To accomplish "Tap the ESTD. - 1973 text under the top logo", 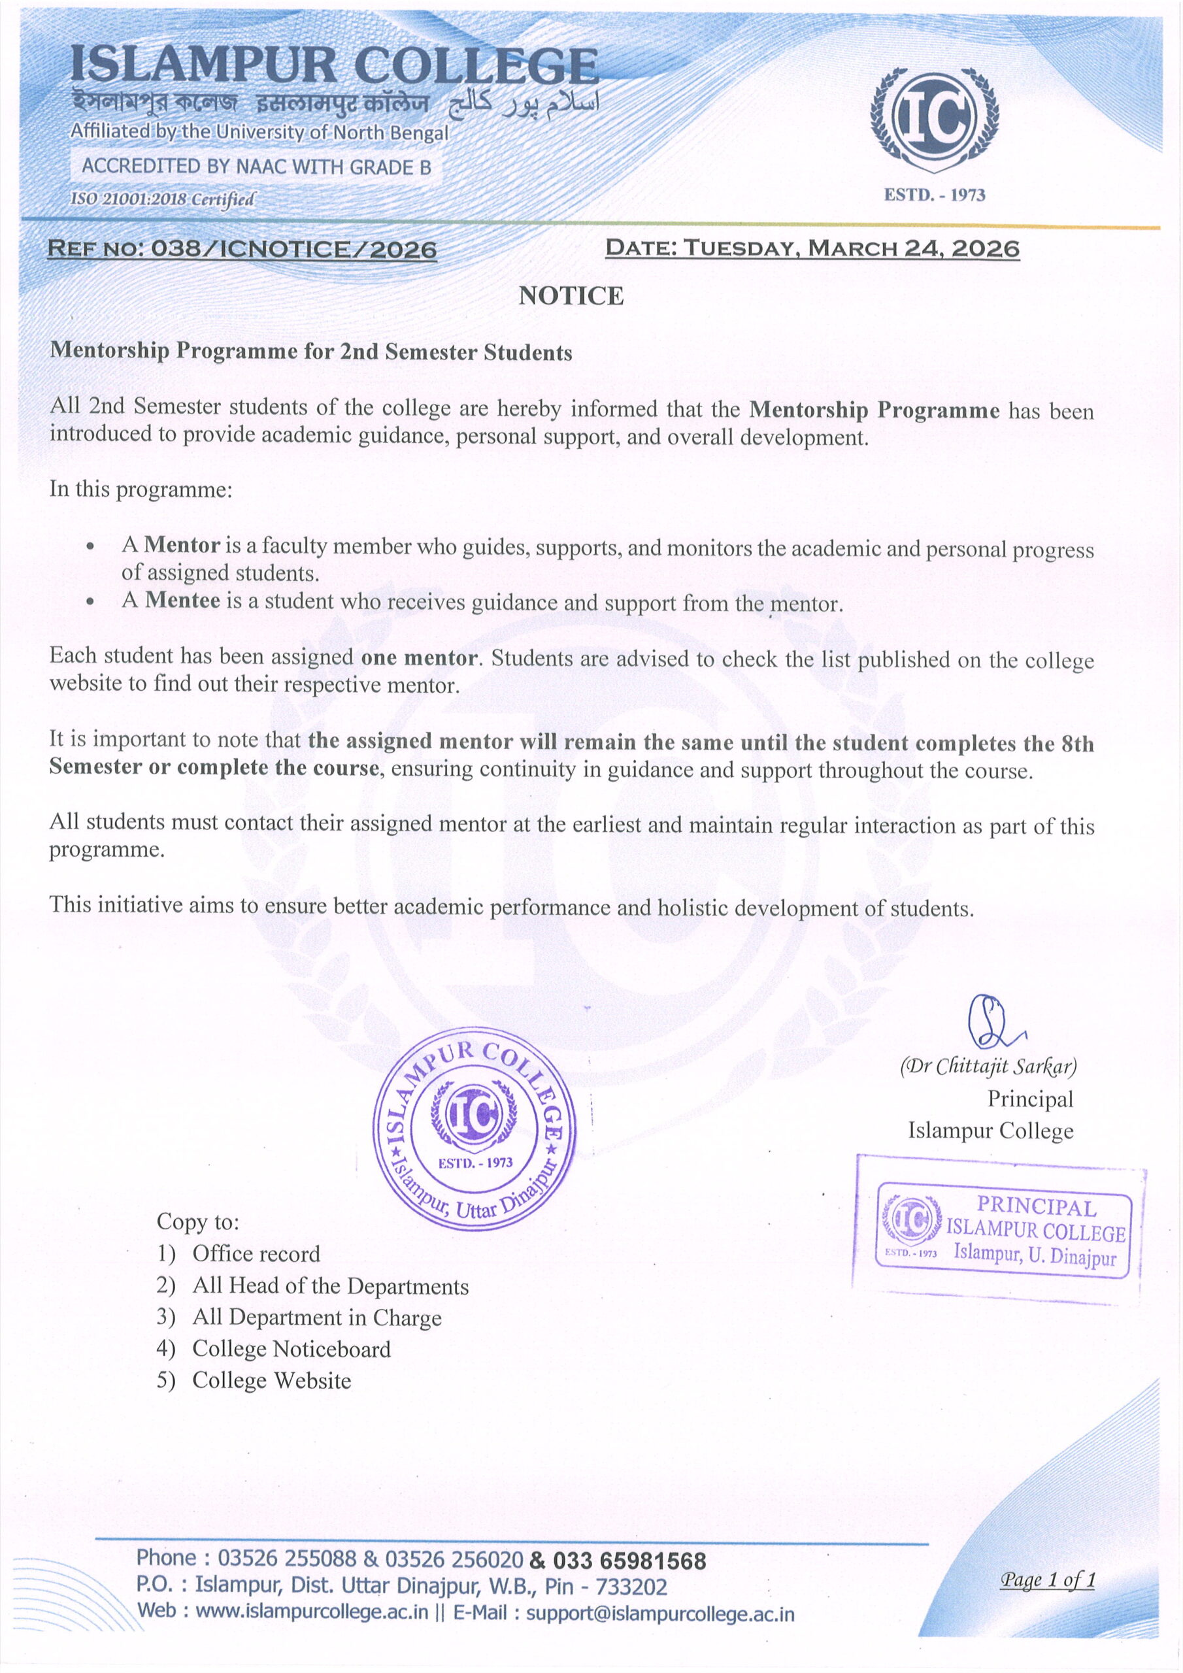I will pos(935,195).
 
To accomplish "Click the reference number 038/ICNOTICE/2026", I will pos(293,249).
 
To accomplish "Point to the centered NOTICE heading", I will pos(571,296).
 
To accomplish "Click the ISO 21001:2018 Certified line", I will pos(163,199).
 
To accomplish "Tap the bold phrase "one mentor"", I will pos(419,658).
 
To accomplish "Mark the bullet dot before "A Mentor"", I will pos(90,546).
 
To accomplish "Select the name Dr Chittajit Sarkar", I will pos(988,1067).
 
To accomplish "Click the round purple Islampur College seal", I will pos(475,1130).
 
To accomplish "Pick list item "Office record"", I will pos(256,1253).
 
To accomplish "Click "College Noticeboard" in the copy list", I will pos(292,1349).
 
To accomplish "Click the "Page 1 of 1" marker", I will pos(1048,1580).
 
